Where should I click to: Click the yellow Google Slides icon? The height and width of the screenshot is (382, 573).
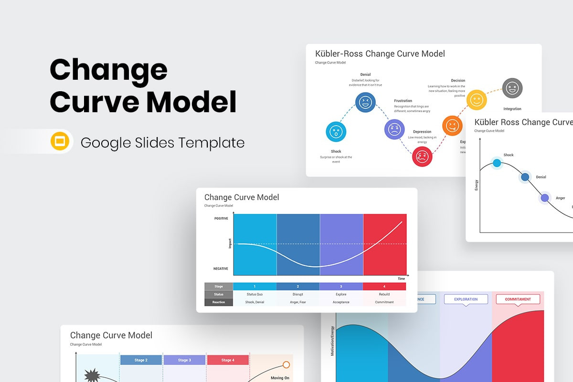[x=60, y=141]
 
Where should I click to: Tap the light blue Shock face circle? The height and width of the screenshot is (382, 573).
[x=336, y=132]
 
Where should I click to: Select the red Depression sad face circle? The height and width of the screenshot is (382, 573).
[x=422, y=156]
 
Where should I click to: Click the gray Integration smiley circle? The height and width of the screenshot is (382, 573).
[x=512, y=88]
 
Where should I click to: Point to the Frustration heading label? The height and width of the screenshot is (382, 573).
[x=403, y=101]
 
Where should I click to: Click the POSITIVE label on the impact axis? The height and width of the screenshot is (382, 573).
[x=221, y=218]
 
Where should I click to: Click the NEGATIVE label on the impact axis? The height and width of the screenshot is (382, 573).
[x=221, y=269]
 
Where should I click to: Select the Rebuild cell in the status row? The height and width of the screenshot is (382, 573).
[x=384, y=294]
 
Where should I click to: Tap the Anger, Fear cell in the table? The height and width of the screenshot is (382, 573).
[x=297, y=302]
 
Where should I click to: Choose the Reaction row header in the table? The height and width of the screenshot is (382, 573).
[x=219, y=302]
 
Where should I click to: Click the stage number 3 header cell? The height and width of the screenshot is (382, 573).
[x=341, y=286]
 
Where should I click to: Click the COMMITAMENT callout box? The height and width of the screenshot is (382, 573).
[x=518, y=299]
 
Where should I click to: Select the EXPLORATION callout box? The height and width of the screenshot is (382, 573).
[x=466, y=299]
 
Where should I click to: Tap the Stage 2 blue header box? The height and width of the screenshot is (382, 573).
[x=141, y=360]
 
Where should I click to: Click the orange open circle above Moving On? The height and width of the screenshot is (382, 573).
[x=286, y=365]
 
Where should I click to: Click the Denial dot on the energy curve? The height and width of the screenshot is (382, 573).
[x=525, y=177]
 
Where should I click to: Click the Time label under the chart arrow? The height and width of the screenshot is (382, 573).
[x=401, y=278]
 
